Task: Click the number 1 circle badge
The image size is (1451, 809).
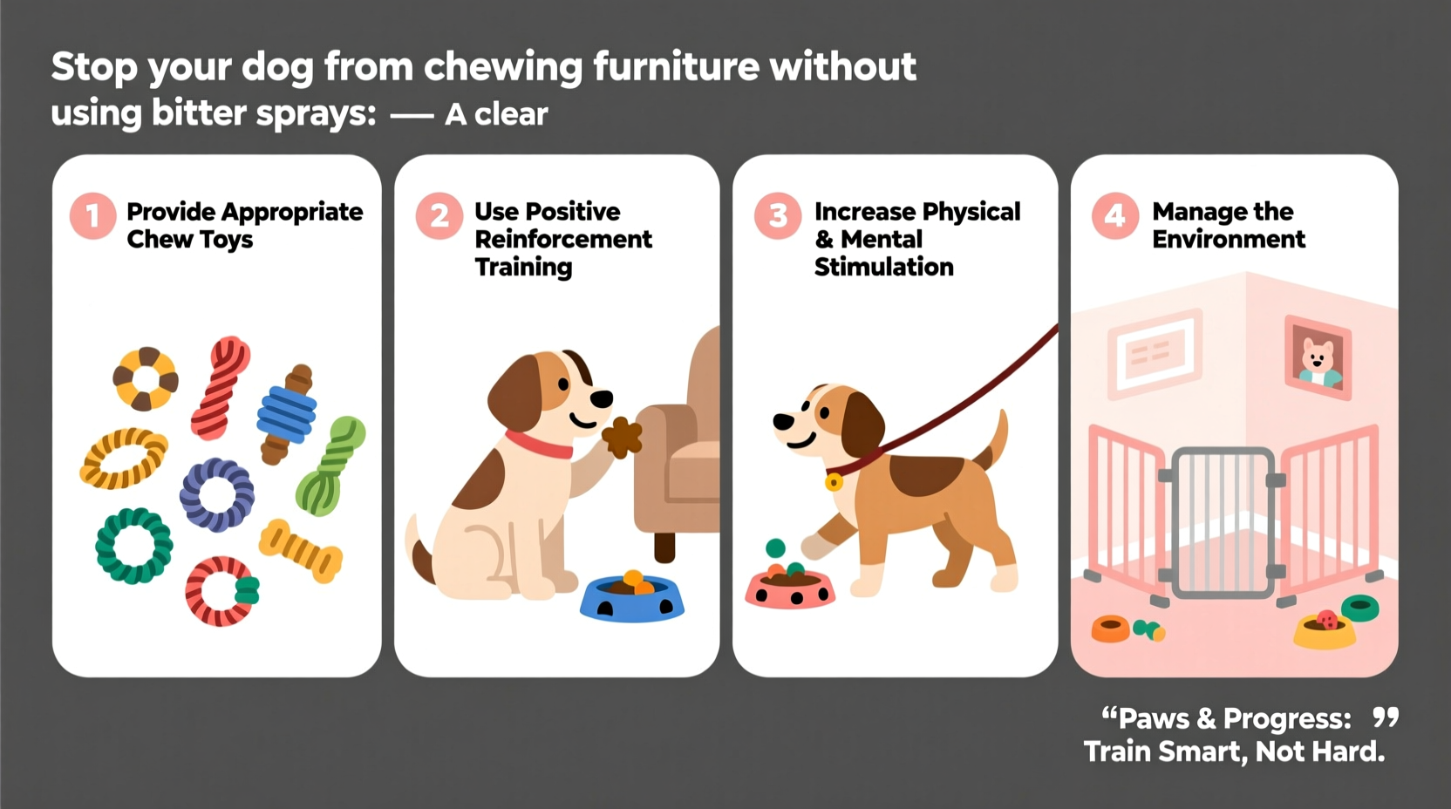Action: click(x=92, y=215)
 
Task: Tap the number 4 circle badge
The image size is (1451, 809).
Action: click(x=1114, y=215)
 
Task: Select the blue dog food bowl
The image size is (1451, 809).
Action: click(x=631, y=598)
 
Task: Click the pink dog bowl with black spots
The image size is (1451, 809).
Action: click(x=789, y=588)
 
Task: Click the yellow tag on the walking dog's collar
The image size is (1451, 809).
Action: click(x=834, y=481)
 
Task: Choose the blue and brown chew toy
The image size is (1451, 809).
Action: click(x=287, y=414)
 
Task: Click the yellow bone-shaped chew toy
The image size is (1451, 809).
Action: click(x=301, y=550)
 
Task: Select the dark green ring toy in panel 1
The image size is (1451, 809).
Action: click(x=133, y=545)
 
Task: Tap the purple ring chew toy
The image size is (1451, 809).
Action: click(x=217, y=494)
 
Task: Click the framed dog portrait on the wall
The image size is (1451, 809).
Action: click(x=1318, y=357)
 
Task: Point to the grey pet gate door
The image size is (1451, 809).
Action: click(x=1223, y=522)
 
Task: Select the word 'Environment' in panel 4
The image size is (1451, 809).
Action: click(x=1228, y=240)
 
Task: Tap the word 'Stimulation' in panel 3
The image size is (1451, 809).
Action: click(x=883, y=267)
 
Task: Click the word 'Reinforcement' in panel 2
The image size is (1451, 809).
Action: click(x=562, y=240)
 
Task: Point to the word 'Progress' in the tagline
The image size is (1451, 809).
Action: click(x=1286, y=719)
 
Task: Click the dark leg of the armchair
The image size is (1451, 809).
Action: click(x=664, y=547)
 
